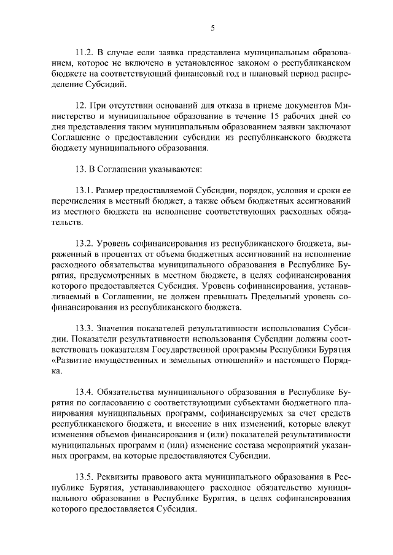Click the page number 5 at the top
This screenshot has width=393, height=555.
pyautogui.click(x=212, y=28)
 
